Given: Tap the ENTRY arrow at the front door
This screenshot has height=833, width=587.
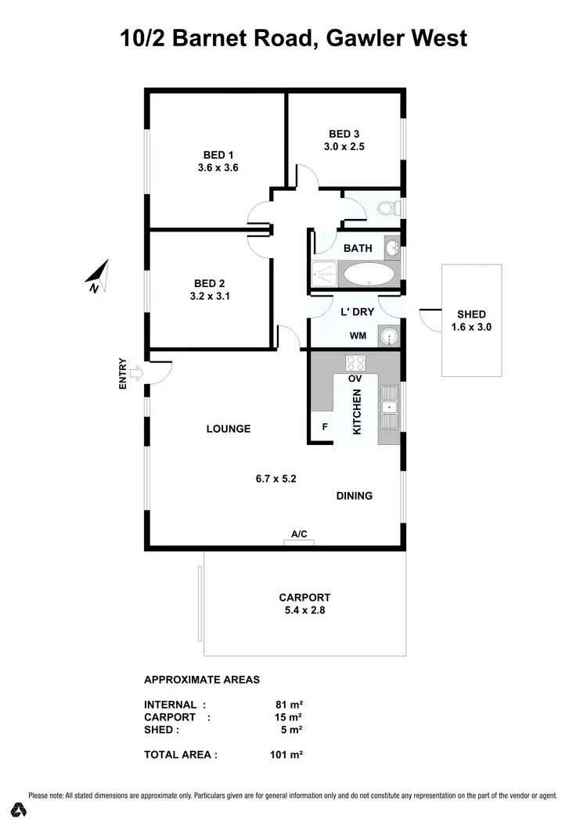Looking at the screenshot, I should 136,373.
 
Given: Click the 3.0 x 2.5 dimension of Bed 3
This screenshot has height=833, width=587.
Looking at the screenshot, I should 344,146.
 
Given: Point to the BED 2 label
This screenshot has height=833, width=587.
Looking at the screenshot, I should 209,284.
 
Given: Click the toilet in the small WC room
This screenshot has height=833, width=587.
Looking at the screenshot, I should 387,208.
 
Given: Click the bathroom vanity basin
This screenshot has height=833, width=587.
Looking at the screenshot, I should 392,248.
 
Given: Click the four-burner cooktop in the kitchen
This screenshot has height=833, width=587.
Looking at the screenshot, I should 355,363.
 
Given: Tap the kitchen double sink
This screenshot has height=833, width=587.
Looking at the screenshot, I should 389,407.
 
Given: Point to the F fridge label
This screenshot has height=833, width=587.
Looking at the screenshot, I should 325,427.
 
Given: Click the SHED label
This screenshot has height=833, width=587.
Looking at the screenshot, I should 471,314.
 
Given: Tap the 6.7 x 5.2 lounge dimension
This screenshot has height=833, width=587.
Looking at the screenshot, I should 275,479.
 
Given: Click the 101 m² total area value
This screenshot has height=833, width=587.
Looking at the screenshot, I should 286,755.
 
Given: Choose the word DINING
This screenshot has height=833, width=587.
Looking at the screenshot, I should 355,496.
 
